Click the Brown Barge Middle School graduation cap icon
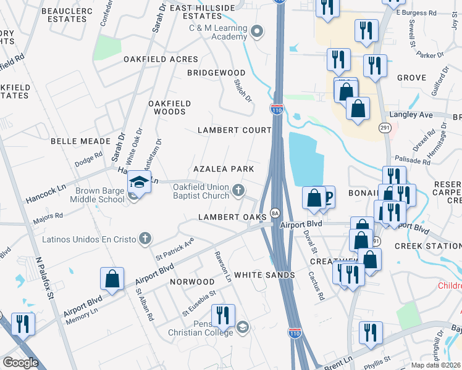(138, 183)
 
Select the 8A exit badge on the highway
(275, 213)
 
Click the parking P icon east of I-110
(329, 197)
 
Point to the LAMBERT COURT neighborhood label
(234, 130)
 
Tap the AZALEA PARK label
(224, 169)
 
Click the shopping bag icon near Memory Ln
(112, 278)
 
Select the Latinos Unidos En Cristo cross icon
(145, 238)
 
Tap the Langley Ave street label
(410, 115)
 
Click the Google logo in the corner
(20, 362)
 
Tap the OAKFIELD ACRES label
(161, 59)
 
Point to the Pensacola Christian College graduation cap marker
(243, 327)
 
